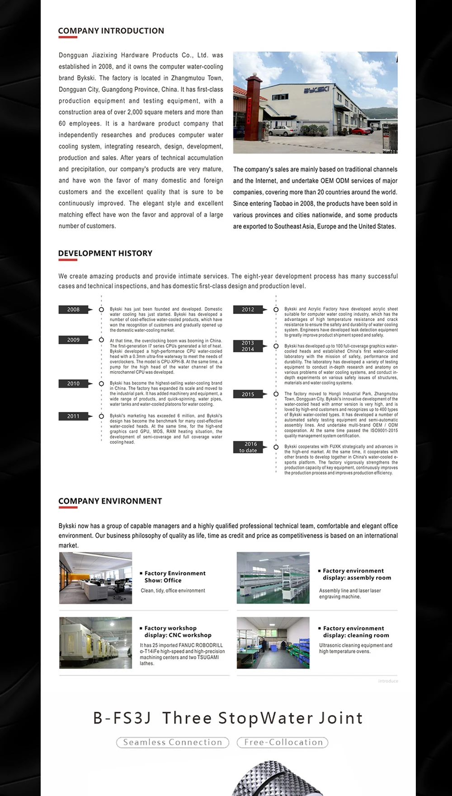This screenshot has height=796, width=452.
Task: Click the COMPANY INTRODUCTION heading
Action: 111,31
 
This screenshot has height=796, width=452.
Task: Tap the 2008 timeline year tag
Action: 73,309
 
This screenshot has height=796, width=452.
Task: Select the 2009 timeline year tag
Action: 73,340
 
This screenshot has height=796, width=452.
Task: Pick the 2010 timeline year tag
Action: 73,383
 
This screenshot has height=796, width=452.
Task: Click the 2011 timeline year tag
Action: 73,416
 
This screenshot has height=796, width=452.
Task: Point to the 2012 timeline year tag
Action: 248,309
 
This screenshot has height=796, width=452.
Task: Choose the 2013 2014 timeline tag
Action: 248,346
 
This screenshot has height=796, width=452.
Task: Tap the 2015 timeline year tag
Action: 248,394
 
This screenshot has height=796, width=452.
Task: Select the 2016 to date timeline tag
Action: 248,447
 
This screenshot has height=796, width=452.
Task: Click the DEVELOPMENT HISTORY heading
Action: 105,253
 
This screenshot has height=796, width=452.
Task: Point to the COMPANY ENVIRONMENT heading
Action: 110,501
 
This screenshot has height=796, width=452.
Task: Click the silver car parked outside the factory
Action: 283,131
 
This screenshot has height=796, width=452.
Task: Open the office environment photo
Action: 95,578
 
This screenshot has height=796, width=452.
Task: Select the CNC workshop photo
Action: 95,642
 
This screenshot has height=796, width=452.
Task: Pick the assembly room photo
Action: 273,578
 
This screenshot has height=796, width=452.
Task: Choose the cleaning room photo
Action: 273,642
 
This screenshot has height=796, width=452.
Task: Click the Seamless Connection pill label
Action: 173,742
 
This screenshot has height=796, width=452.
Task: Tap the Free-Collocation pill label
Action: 283,742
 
